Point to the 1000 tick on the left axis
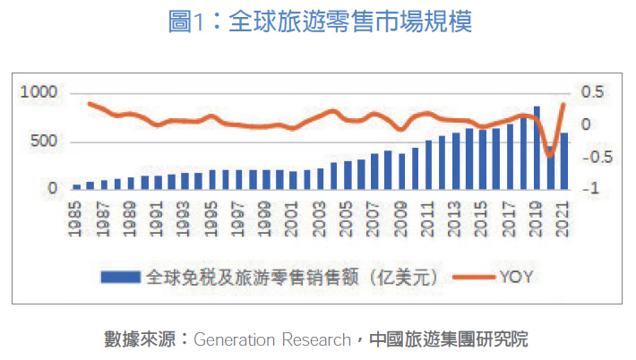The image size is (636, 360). coord(41,93)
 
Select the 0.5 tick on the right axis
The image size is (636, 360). coord(592,93)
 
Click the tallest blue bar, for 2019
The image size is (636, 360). coord(537,148)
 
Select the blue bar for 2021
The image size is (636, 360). coord(563,161)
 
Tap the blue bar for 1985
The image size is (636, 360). coord(77,186)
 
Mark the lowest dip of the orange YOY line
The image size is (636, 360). coord(550,156)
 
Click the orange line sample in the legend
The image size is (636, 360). coord(472,278)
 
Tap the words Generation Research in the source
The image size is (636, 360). coord(271,339)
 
